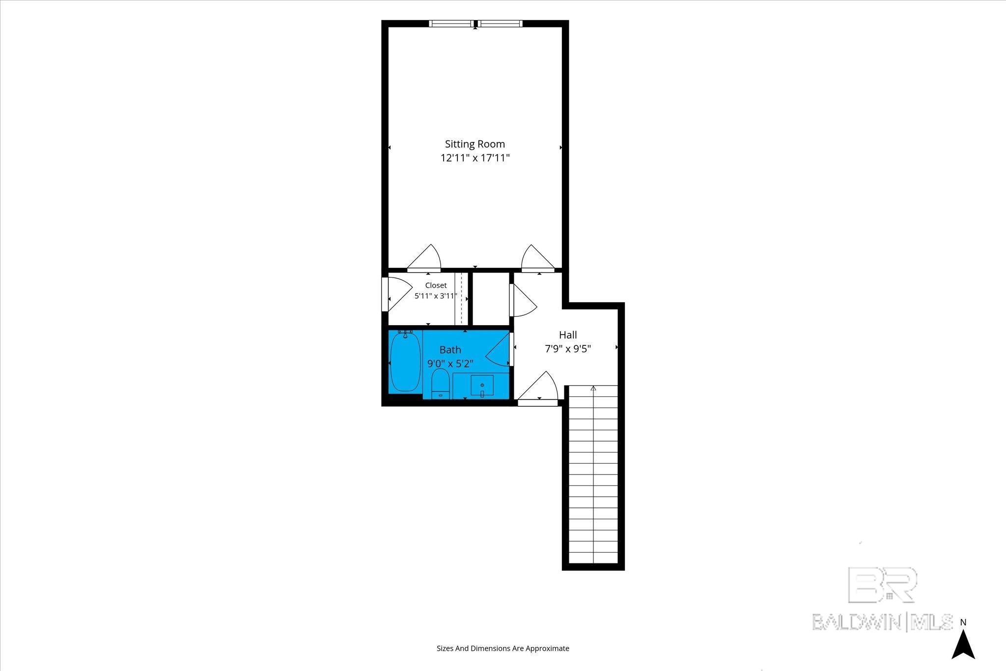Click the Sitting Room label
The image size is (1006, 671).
pyautogui.click(x=475, y=144)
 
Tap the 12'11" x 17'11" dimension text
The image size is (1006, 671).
pyautogui.click(x=475, y=158)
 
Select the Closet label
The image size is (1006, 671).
pyautogui.click(x=436, y=285)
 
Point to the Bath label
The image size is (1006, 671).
pyautogui.click(x=450, y=350)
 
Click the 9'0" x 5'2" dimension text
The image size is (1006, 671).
pyautogui.click(x=450, y=364)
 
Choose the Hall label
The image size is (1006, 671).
pyautogui.click(x=568, y=335)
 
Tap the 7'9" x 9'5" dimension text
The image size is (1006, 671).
pyautogui.click(x=568, y=349)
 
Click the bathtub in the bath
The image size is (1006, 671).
pyautogui.click(x=405, y=362)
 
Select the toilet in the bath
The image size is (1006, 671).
pyautogui.click(x=440, y=383)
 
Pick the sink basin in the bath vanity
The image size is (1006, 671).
pyautogui.click(x=482, y=386)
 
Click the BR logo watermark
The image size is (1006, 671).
pyautogui.click(x=882, y=585)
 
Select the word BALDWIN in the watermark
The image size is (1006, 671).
pyautogui.click(x=856, y=622)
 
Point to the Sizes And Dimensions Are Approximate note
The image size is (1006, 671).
pyautogui.click(x=503, y=648)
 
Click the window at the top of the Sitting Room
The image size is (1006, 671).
pyautogui.click(x=475, y=23)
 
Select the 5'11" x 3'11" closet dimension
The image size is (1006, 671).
pyautogui.click(x=436, y=296)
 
